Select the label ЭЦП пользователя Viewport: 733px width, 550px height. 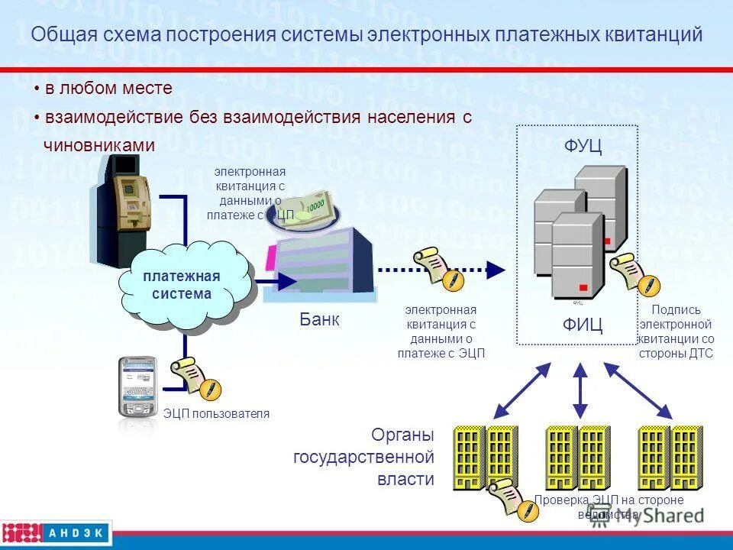pyautogui.click(x=217, y=414)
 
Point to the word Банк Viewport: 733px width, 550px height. pyautogui.click(x=319, y=320)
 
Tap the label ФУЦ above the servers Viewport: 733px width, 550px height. pyautogui.click(x=583, y=147)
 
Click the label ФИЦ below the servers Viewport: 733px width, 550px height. pyautogui.click(x=583, y=326)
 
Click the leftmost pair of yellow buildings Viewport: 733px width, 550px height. pyautogui.click(x=485, y=457)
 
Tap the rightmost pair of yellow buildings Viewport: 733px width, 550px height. pyautogui.click(x=670, y=457)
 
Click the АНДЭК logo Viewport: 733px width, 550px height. pyautogui.click(x=57, y=532)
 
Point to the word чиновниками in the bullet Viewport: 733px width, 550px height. pyautogui.click(x=100, y=145)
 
